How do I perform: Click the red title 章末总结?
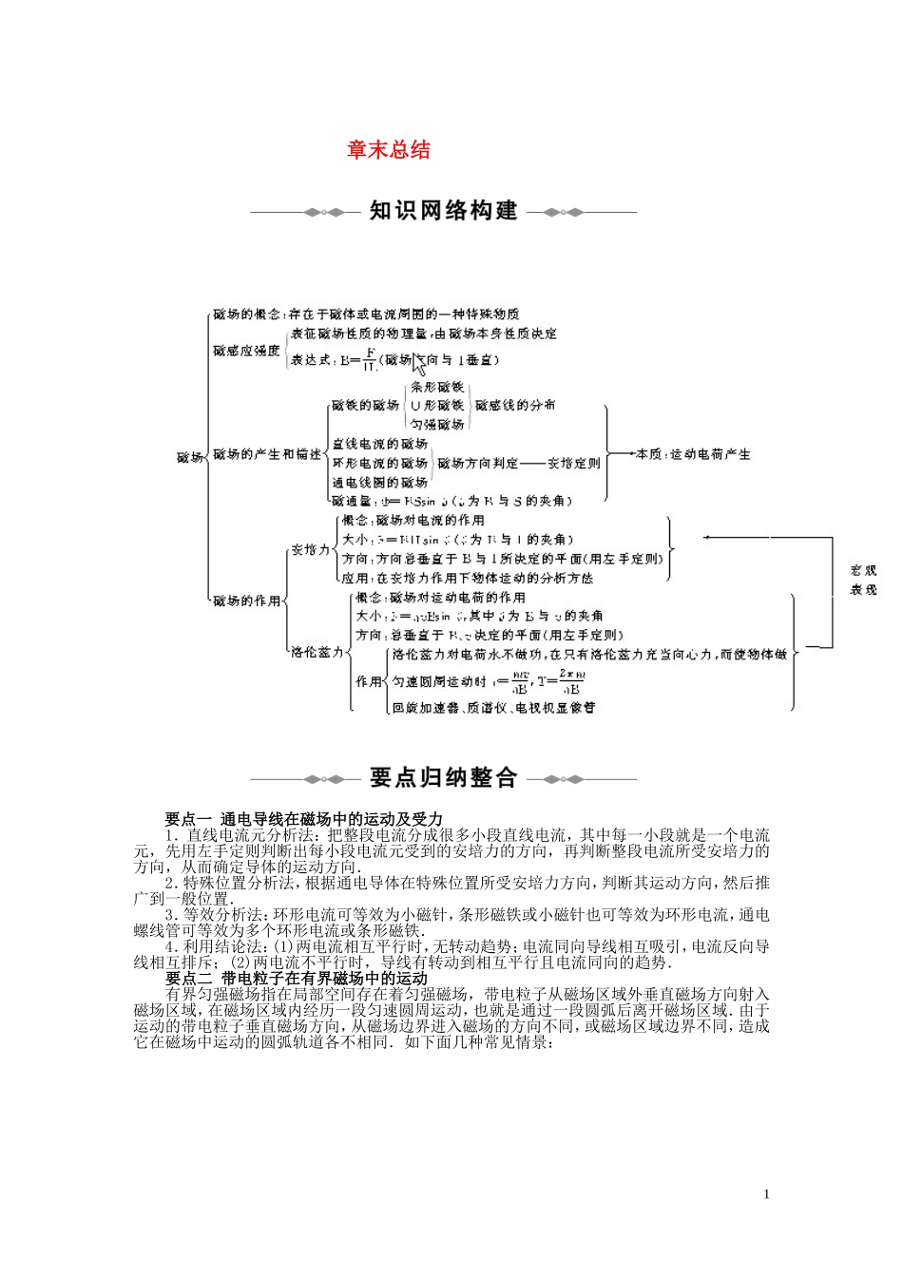(x=388, y=150)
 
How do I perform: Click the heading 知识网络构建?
(x=443, y=211)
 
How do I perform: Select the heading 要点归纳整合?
(x=443, y=778)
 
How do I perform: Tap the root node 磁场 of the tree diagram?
(x=189, y=457)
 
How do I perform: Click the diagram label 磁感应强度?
(x=246, y=351)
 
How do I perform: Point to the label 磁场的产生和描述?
(x=267, y=454)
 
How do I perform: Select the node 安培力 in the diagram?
(x=310, y=549)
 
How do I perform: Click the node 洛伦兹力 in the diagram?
(x=317, y=652)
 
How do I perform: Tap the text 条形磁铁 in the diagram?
(x=437, y=388)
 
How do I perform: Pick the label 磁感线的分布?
(x=515, y=405)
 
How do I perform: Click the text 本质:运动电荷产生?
(x=693, y=454)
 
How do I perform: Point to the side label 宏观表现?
(x=863, y=580)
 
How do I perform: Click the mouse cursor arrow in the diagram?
(x=419, y=364)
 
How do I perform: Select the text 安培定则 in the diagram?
(x=574, y=463)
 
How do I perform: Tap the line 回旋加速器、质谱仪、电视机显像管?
(x=493, y=707)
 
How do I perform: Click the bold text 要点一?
(x=188, y=819)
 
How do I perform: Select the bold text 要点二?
(x=188, y=979)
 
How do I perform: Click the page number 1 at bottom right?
(x=766, y=1194)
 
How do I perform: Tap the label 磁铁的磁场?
(x=365, y=405)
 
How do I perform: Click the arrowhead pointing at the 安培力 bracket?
(x=707, y=537)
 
